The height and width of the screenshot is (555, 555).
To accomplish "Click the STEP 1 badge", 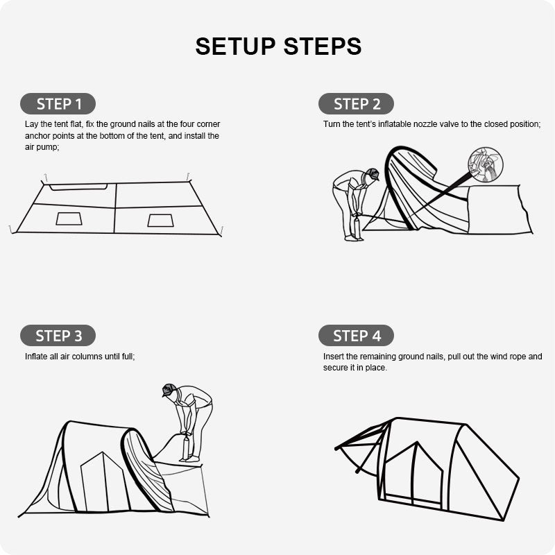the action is [x=58, y=103].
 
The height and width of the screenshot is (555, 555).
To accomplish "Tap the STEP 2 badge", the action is [x=356, y=103].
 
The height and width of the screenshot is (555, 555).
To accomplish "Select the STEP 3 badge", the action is [x=58, y=335].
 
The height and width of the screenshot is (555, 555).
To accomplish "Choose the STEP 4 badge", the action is [x=356, y=335].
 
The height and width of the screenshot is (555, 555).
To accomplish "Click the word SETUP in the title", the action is [x=235, y=46].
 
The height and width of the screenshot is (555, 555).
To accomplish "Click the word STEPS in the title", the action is [x=323, y=46].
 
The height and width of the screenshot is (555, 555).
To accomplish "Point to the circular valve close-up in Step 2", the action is [x=485, y=164].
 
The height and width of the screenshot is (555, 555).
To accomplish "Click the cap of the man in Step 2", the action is [x=373, y=174].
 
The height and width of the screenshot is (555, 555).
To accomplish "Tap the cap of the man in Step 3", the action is [x=169, y=389].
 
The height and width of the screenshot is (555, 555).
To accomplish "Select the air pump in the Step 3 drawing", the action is [x=186, y=447].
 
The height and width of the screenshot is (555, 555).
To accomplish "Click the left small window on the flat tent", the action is [x=69, y=219].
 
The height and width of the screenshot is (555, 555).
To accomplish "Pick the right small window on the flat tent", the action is [x=161, y=220].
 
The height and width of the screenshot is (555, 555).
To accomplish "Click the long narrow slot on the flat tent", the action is [x=78, y=187].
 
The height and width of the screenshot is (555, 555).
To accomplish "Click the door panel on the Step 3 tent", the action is [x=103, y=482].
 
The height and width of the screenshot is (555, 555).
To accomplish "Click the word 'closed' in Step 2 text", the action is [x=496, y=124].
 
